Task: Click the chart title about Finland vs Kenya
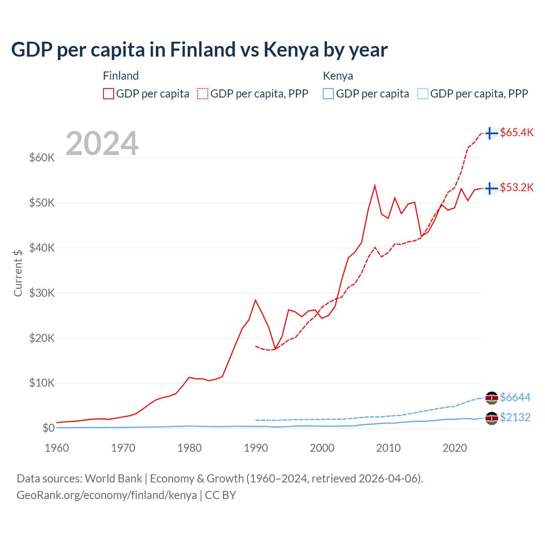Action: [199, 50]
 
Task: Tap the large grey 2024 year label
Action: [102, 143]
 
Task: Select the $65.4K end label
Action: [516, 132]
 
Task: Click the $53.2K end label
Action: [516, 187]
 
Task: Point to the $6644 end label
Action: [515, 397]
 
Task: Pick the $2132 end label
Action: [515, 417]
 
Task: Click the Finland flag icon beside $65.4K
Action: [491, 133]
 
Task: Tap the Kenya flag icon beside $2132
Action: [491, 418]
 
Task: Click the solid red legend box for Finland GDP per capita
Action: [109, 94]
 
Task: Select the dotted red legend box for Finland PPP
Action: [203, 94]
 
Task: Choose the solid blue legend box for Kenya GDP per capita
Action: [328, 94]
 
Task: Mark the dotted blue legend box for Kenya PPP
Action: [423, 94]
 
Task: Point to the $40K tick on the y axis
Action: [42, 248]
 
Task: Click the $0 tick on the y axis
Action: [49, 428]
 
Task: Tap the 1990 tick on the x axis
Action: [256, 448]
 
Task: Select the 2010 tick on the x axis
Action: [388, 448]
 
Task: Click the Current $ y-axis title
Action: [18, 273]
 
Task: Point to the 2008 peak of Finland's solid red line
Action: [375, 186]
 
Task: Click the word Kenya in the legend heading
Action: [338, 76]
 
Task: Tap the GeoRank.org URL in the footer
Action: [107, 495]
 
